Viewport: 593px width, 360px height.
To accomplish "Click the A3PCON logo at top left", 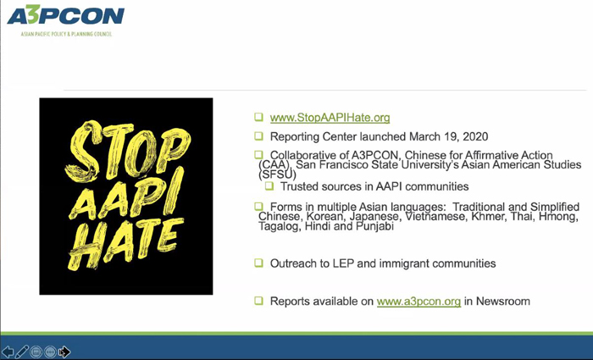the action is tap(66, 15).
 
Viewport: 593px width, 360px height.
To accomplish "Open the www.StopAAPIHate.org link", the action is tap(330, 118).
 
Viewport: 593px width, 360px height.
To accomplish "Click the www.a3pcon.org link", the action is tap(418, 302).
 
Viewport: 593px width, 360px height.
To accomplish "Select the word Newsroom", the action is tap(503, 302).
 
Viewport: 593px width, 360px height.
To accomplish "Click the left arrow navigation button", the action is tap(8, 352).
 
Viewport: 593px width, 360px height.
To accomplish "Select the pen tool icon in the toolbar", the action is tap(22, 352).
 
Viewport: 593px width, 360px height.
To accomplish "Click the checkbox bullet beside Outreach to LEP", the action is tap(258, 263).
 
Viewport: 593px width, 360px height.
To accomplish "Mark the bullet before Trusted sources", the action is tap(269, 186).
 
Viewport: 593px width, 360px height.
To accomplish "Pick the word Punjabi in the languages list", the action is tap(374, 226).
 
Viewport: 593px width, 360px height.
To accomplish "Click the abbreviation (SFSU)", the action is tap(278, 174).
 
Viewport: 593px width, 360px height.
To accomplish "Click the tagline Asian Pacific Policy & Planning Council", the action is tap(66, 34).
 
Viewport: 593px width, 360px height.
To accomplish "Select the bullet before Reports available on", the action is tap(258, 301).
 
